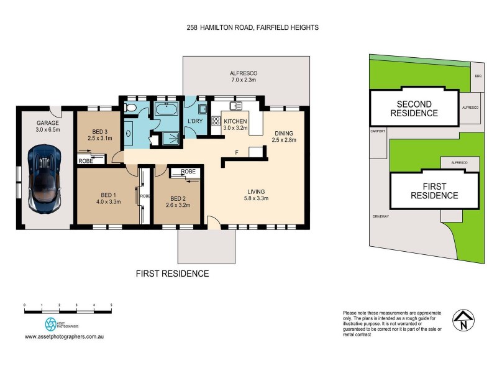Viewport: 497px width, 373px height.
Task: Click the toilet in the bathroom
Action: (x=129, y=109)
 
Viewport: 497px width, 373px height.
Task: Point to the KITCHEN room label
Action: (x=235, y=121)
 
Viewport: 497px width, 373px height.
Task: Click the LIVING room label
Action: (x=256, y=191)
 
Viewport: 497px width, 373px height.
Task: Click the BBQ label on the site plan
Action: (x=478, y=75)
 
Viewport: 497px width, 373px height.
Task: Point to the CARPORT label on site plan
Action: (x=378, y=131)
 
